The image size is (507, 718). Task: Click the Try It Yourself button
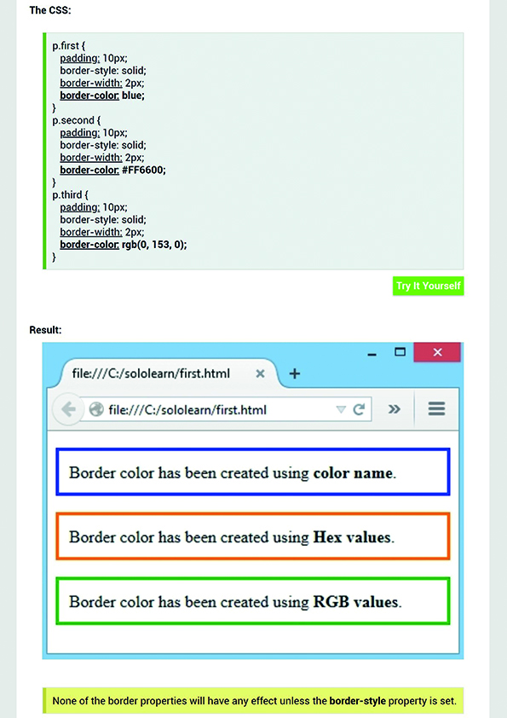(x=428, y=286)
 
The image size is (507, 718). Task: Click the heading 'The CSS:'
(x=50, y=10)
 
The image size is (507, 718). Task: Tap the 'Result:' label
(x=45, y=330)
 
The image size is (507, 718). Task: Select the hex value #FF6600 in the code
(x=144, y=170)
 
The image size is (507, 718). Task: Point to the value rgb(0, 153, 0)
(x=154, y=245)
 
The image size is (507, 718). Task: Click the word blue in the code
(x=133, y=96)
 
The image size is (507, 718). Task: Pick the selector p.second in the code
(x=73, y=120)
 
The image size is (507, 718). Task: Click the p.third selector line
(x=70, y=195)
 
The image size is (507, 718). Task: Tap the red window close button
(x=437, y=352)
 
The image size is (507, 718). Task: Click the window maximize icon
(x=400, y=351)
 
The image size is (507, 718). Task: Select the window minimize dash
(x=372, y=355)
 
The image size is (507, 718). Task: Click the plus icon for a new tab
(x=295, y=373)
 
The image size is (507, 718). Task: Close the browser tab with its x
(x=260, y=373)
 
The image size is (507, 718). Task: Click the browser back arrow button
(x=68, y=409)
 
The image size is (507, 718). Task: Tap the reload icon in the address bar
(x=359, y=409)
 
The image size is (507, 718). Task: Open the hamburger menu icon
(x=436, y=409)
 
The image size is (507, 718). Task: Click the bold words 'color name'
(x=354, y=472)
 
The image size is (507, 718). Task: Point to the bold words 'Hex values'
(x=352, y=536)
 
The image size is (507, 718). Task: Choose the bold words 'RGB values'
(x=356, y=602)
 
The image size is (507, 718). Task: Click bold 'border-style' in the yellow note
(x=358, y=701)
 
